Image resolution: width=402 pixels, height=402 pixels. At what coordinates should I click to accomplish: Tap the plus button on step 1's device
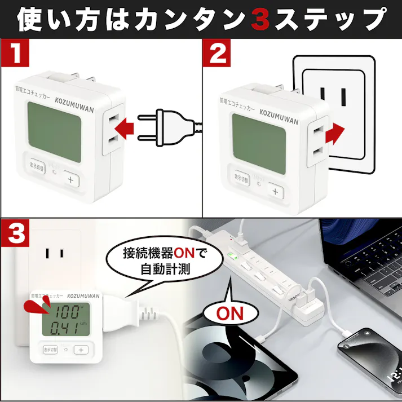pyautogui.click(x=72, y=180)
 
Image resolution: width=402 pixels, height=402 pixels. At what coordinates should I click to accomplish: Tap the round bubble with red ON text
pyautogui.click(x=231, y=312)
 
